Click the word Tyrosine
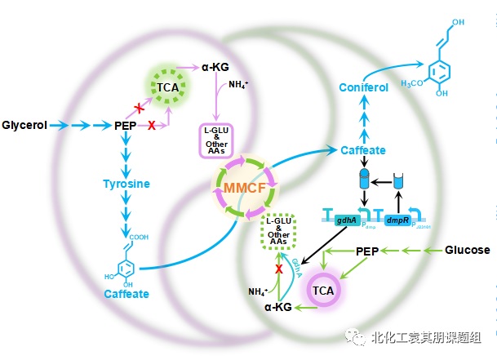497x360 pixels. point(126,184)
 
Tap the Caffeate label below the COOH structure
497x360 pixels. point(126,294)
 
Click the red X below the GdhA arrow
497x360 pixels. point(278,268)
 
